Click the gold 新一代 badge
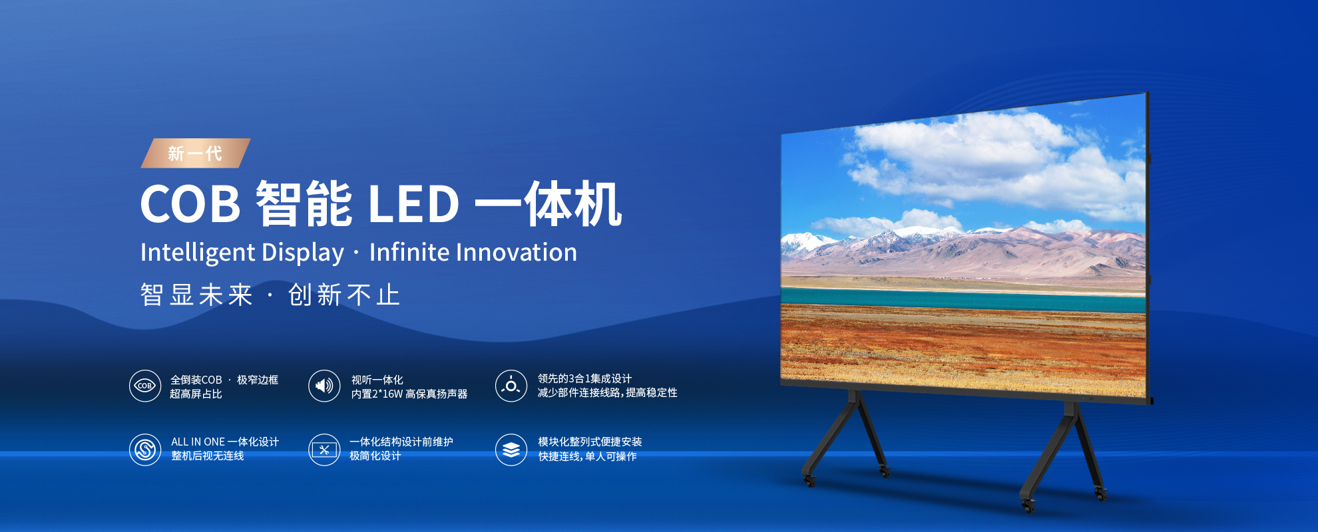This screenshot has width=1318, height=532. click(195, 154)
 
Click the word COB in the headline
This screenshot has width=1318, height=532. click(190, 204)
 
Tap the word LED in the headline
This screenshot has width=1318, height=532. click(413, 204)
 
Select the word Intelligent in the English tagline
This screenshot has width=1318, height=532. click(198, 253)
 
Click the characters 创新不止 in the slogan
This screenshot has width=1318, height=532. click(344, 295)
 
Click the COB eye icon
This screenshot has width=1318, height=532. click(145, 386)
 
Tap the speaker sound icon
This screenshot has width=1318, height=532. click(324, 386)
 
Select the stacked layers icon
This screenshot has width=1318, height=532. click(511, 450)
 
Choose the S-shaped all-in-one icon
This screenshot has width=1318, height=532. click(145, 450)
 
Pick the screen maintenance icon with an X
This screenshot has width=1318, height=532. click(324, 450)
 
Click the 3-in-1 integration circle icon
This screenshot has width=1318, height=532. click(511, 386)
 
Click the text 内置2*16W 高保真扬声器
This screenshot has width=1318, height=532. click(409, 394)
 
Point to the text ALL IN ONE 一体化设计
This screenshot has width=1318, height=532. click(224, 442)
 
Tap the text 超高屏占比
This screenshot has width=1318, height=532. click(196, 394)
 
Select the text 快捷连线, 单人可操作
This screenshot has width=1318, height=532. click(587, 457)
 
